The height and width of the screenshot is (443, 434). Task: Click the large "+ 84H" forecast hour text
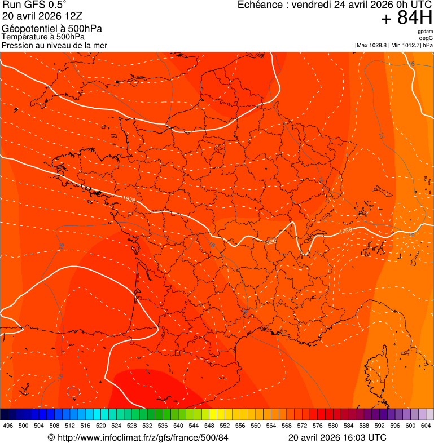click(406, 19)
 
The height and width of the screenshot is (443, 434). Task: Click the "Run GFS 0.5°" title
click(34, 5)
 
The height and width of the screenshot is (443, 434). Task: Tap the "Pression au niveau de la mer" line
click(54, 45)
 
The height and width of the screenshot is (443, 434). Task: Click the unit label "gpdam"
click(425, 32)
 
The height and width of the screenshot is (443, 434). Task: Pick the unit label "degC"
click(426, 38)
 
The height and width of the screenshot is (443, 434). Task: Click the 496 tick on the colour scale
click(8, 426)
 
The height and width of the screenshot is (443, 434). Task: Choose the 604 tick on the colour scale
click(426, 426)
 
